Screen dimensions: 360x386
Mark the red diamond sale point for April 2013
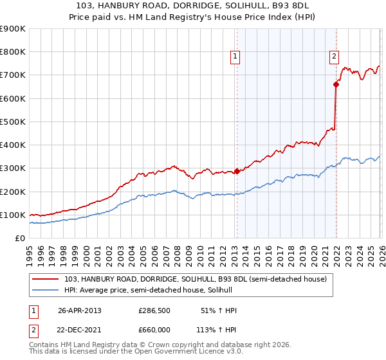click(x=237, y=171)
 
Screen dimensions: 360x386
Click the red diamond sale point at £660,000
click(x=336, y=84)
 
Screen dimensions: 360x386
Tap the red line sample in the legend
click(x=46, y=279)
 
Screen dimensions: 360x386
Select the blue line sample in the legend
click(x=46, y=290)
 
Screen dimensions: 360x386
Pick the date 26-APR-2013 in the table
click(x=80, y=310)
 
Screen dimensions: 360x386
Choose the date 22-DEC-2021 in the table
click(x=80, y=329)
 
